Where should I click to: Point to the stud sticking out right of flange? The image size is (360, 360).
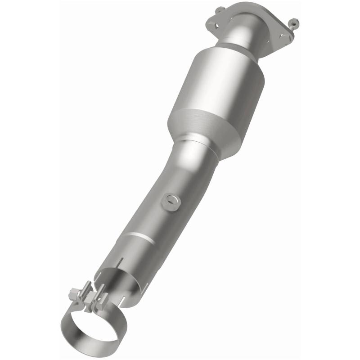tap(293, 21)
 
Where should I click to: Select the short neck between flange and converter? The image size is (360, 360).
tap(241, 38)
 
